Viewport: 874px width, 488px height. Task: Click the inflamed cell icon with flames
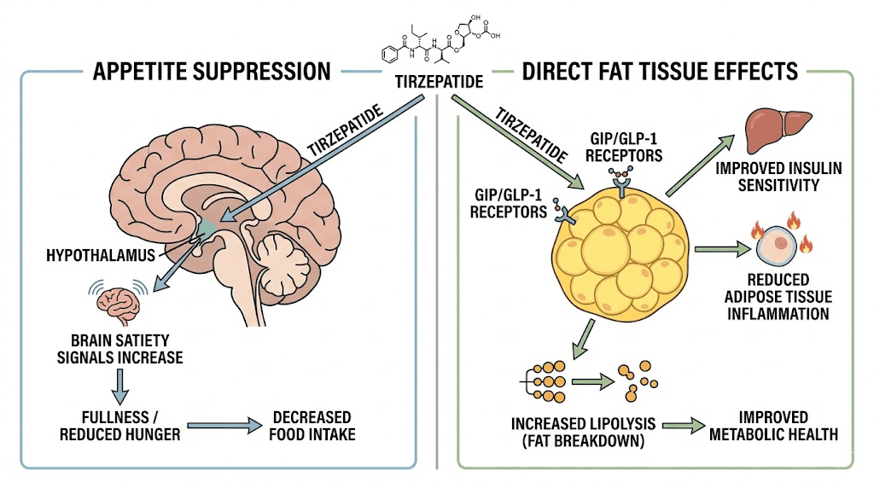coord(779,247)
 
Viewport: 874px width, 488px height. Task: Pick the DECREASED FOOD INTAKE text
coord(312,425)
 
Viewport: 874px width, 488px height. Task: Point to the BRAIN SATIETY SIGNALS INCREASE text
coord(119,348)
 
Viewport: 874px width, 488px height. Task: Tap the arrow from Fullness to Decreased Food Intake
coord(222,425)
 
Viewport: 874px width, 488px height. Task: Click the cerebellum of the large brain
coord(286,259)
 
